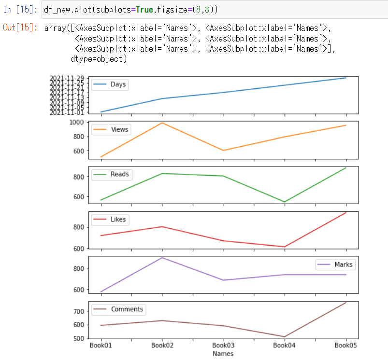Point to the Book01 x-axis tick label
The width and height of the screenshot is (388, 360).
(101, 346)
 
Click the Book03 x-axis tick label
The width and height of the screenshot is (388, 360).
(223, 346)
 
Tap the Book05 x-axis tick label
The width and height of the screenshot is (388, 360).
(346, 346)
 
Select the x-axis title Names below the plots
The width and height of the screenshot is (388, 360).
(223, 354)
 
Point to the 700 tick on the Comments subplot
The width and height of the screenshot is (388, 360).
(79, 311)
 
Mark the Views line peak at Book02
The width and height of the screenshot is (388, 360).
(162, 123)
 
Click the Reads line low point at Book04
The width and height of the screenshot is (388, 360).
(285, 202)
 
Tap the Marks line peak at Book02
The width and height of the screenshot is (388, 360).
(162, 258)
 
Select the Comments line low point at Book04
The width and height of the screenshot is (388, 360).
(285, 337)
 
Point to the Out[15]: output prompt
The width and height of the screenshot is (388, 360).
(20, 28)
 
